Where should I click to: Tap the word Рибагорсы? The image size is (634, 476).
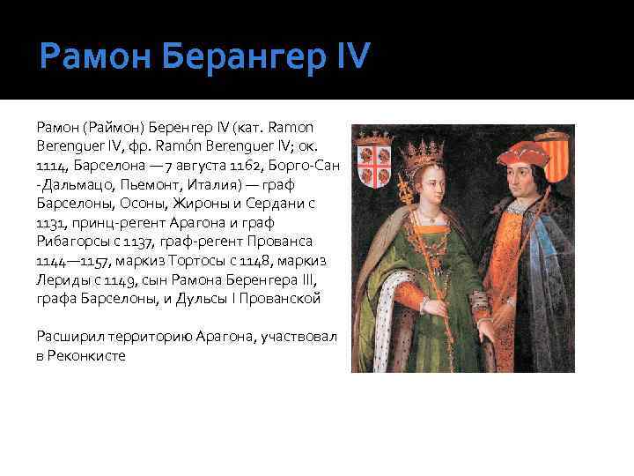tap(68, 241)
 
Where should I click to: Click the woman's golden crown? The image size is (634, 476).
tap(420, 151)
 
